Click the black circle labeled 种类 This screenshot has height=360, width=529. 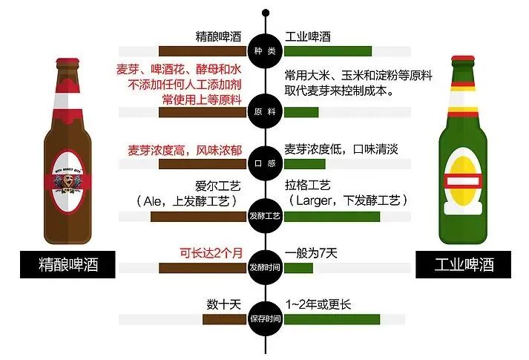tap(265, 49)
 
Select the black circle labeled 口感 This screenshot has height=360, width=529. tap(265, 161)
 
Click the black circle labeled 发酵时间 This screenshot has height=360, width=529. tap(265, 265)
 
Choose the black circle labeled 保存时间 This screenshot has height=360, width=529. tap(265, 319)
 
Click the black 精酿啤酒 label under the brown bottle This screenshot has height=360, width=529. tap(69, 264)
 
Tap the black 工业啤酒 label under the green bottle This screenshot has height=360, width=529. tap(464, 264)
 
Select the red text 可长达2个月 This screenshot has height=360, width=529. tap(211, 252)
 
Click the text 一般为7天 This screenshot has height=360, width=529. tap(311, 252)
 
